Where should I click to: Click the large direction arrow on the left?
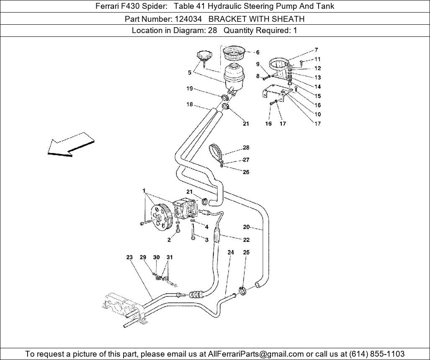click(71, 144)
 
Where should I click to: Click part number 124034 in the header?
click(188, 19)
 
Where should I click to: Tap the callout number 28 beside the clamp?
click(246, 147)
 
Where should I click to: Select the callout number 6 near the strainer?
click(257, 52)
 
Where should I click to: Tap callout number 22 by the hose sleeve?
click(246, 239)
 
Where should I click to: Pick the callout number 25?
click(246, 252)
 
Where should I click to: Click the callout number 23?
click(129, 257)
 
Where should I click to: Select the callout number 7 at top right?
click(316, 50)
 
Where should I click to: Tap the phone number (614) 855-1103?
click(376, 354)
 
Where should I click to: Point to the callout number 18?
click(190, 105)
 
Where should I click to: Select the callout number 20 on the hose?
click(246, 227)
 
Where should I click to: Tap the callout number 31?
click(170, 257)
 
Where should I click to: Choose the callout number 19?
click(190, 89)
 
